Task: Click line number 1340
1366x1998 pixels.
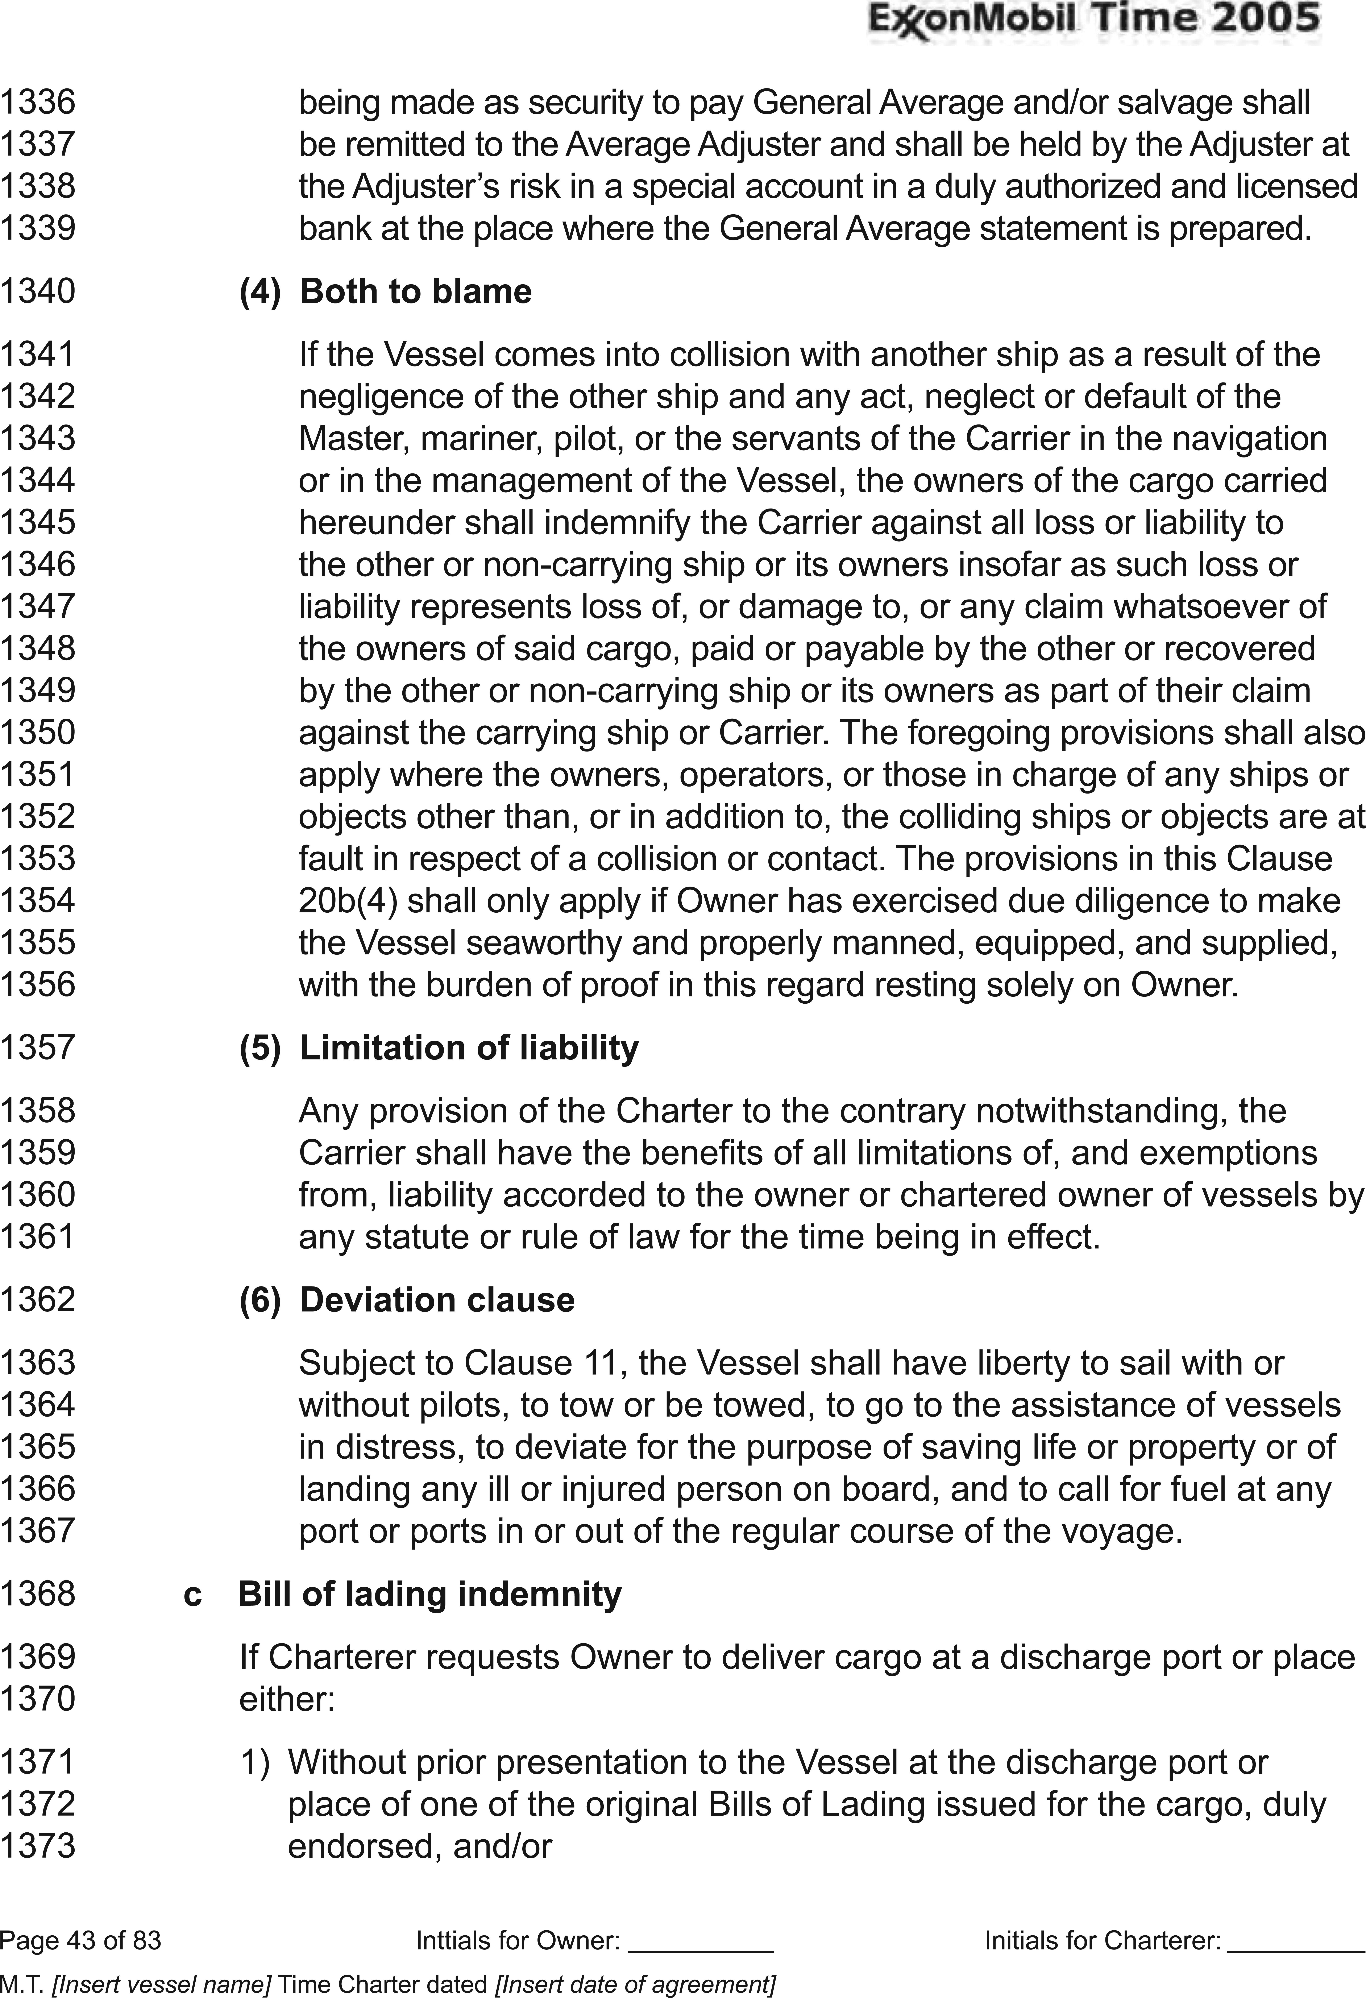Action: pos(38,291)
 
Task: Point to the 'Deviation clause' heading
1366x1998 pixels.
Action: pos(437,1300)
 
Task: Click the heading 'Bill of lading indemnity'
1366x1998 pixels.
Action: pos(429,1594)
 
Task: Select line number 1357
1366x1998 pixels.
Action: pos(38,1048)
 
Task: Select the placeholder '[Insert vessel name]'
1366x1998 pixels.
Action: pos(162,1977)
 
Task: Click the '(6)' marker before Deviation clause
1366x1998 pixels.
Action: pos(260,1300)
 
